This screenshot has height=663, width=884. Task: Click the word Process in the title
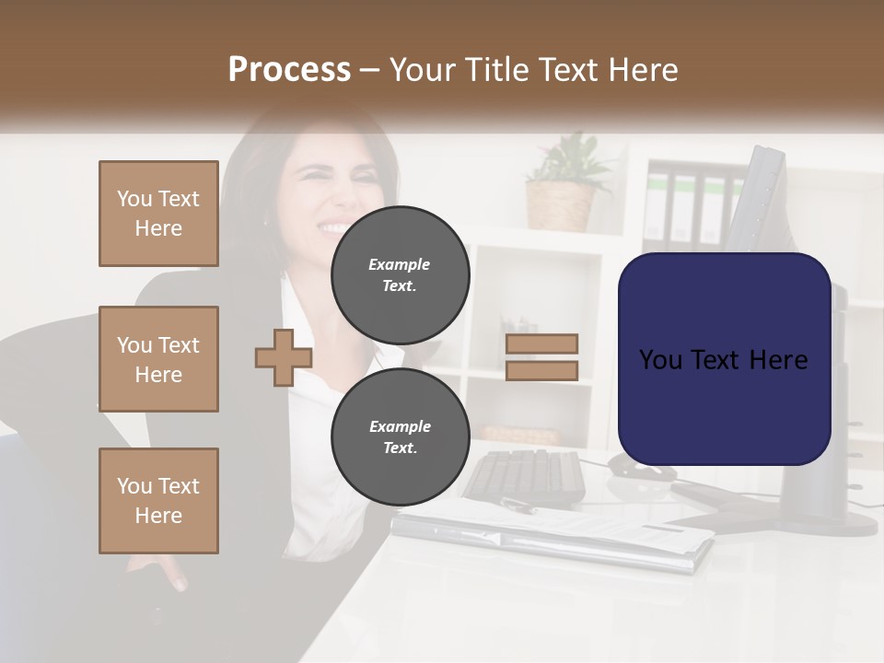coord(289,69)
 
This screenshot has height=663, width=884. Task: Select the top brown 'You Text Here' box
coord(158,214)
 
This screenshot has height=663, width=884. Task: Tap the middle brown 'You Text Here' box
coord(158,359)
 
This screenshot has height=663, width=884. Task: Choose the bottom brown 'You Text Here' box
coord(158,501)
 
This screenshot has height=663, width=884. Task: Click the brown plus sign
coord(283,357)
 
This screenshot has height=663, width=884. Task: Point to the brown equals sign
coord(542,357)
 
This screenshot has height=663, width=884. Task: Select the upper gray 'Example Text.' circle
coord(400,274)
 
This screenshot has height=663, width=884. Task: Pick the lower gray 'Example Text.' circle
coord(400,436)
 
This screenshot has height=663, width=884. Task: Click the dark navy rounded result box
coord(724,359)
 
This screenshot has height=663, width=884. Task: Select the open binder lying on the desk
coord(552,534)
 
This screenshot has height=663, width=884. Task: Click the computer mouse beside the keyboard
coord(635,468)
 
